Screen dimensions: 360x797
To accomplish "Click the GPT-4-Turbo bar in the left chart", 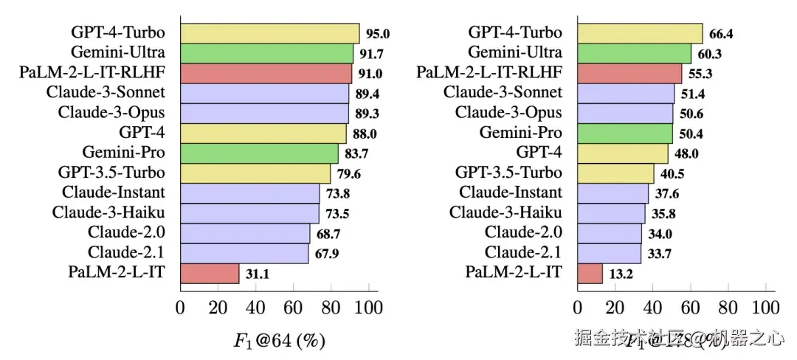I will point(269,33).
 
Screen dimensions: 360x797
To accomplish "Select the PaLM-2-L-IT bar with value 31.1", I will point(210,273).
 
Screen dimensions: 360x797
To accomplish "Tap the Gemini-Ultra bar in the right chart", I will point(634,53).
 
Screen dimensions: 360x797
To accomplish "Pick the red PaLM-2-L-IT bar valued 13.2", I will point(590,273).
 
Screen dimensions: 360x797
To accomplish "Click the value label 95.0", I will point(378,33).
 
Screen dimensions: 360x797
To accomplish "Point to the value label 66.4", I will point(721,33).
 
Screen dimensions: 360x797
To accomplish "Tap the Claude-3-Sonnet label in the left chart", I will point(105,93).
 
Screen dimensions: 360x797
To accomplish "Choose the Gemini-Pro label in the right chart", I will point(520,133).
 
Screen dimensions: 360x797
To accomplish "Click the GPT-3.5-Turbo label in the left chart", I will point(111,173).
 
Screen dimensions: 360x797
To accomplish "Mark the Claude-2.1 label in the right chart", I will point(522,253).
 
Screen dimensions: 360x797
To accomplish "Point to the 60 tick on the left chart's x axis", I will point(293,307).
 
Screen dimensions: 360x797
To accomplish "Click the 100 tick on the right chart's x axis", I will point(765,307).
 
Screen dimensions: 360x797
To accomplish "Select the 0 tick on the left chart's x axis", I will point(180,307).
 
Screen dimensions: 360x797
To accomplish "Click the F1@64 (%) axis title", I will point(280,341).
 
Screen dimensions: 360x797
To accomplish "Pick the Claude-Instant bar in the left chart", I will point(250,193).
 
